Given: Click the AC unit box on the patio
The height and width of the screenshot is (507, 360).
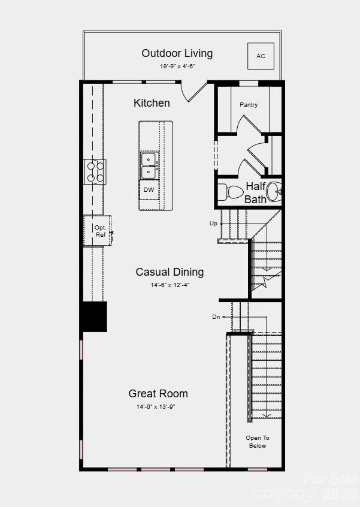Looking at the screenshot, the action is (261, 56).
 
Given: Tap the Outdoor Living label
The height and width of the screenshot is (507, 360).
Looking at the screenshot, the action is (177, 53).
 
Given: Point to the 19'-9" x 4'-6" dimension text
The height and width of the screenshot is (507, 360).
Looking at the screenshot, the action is (177, 67).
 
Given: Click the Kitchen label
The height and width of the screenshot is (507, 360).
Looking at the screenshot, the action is (152, 103).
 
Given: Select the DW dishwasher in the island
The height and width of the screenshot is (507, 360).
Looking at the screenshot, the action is (149, 190).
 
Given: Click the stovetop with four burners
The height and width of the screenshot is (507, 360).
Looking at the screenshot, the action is (95, 171).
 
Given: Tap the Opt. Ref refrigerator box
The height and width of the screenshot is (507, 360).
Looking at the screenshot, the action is (98, 231).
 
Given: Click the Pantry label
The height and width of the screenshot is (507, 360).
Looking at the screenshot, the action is (249, 105).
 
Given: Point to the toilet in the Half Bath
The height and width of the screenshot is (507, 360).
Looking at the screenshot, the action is (230, 192).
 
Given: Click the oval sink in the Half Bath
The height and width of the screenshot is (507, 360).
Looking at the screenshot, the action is (274, 191).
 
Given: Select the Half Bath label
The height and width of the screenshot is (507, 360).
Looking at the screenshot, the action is (255, 193).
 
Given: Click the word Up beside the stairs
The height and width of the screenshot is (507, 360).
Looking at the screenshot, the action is (213, 224).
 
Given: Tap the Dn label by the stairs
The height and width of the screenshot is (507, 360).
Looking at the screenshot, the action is (216, 317).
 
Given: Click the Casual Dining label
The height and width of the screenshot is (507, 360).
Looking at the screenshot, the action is (170, 272).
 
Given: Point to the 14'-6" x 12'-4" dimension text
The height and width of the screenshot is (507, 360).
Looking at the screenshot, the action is (170, 285).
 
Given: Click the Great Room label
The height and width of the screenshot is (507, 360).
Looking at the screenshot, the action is (158, 394).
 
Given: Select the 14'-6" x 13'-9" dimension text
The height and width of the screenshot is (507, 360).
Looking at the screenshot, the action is (156, 406).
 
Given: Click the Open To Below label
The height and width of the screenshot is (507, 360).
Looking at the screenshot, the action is (258, 442).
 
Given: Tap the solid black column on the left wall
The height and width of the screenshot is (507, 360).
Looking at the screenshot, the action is (93, 316).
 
